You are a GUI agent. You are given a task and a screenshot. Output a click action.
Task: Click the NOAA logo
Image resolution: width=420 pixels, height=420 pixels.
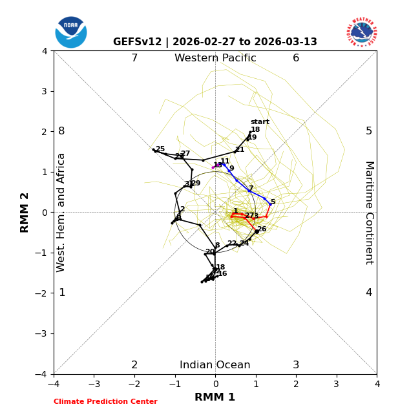coord(71,32)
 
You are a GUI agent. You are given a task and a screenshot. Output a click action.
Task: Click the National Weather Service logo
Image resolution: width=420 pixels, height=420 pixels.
coord(362,32)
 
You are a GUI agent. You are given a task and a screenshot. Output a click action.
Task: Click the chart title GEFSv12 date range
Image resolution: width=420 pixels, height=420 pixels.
coord(215,42)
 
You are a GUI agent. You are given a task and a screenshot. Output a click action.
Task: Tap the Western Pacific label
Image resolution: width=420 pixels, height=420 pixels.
coord(215,58)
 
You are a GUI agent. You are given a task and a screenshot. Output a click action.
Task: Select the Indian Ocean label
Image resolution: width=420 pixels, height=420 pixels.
coord(215,365)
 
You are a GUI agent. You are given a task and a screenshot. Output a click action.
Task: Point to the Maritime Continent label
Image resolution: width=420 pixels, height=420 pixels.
coord(369,213)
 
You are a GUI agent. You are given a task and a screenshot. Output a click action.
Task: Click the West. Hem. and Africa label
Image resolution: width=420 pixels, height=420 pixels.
coord(61,213)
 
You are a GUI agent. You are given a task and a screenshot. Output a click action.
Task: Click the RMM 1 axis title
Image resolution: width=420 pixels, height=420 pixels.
coord(215,397)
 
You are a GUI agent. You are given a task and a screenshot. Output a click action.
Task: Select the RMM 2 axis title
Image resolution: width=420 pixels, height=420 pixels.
coord(25,213)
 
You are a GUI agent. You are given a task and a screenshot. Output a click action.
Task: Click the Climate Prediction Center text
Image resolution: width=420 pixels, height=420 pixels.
coord(105,402)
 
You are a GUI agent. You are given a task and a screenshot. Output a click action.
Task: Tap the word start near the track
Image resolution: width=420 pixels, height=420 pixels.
coord(260,122)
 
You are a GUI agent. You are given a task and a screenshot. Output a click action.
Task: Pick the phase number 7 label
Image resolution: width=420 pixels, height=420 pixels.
coord(134,58)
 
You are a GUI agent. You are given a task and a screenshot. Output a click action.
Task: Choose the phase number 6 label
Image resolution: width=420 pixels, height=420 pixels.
coord(296,58)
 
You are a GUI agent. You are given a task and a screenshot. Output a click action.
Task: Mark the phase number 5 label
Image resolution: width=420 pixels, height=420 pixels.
coord(369,131)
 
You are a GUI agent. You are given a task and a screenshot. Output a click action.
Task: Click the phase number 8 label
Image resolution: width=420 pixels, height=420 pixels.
coord(61,131)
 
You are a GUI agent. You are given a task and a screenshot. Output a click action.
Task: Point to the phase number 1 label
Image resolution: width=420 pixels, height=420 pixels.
coord(62,293)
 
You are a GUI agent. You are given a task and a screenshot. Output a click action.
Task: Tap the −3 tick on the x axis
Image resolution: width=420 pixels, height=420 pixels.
coord(94,384)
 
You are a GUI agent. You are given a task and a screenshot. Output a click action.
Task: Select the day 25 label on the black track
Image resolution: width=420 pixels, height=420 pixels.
coord(160,149)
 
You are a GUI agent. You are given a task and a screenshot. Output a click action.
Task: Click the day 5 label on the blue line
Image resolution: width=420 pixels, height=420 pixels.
coord(273,202)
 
